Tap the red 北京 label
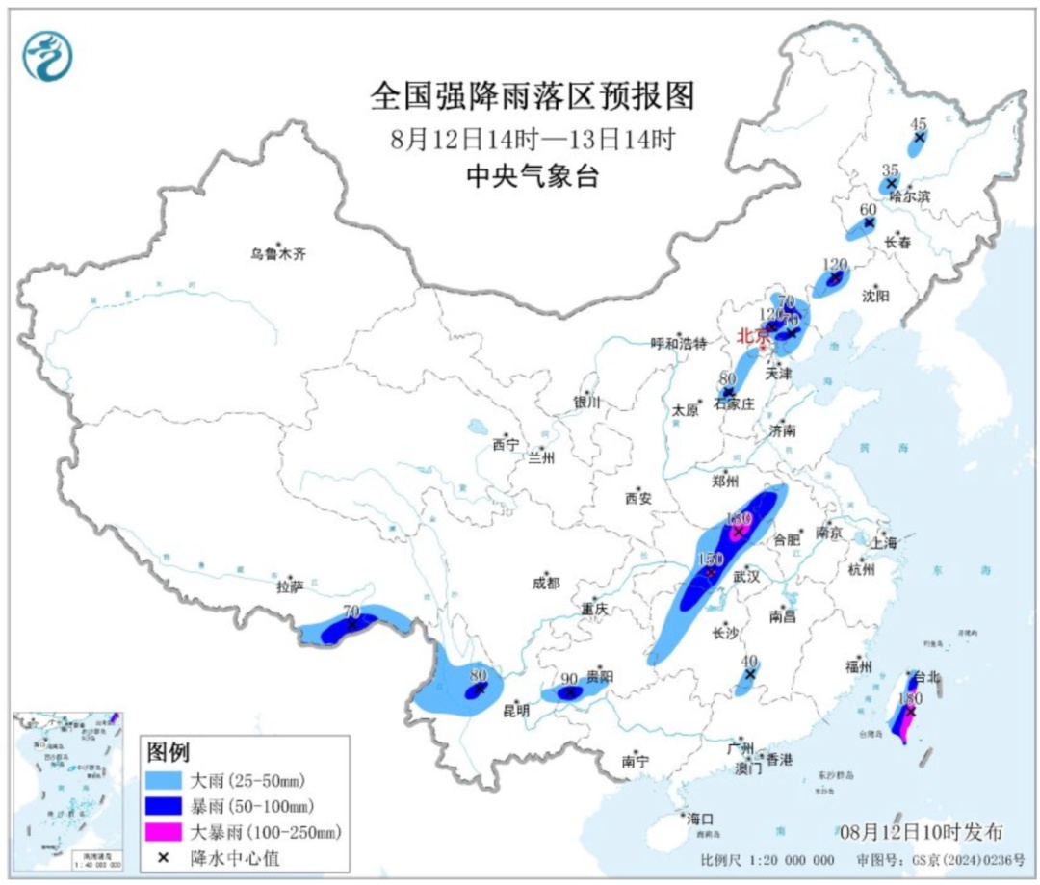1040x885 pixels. pos(754,336)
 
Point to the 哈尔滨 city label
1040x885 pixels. pos(910,195)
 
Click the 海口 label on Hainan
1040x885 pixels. pos(699,819)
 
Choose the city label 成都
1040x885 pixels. pos(543,583)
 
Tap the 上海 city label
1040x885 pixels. pos(883,543)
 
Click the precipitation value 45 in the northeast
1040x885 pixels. pos(919,123)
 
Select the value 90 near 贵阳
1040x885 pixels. pos(570,677)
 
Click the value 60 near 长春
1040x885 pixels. pos(868,209)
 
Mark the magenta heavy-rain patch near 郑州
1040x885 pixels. pos(739,529)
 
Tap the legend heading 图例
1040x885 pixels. pos(168,750)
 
